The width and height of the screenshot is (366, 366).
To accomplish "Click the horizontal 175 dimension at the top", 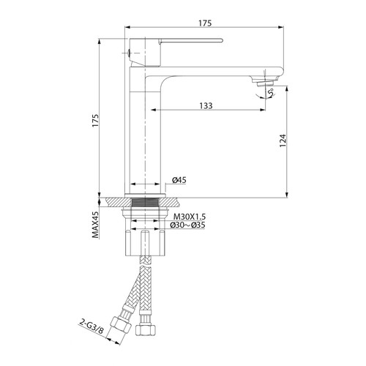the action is click(205, 23).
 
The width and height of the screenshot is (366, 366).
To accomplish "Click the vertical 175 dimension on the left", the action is click(95, 120).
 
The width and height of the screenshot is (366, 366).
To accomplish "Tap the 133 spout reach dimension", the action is click(206, 106).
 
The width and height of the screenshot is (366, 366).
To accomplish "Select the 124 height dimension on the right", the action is click(283, 141).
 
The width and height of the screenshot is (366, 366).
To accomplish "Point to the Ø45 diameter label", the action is click(179, 180).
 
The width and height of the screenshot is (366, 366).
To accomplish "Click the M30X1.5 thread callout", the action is click(190, 217).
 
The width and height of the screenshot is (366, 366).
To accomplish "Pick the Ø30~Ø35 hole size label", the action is click(187, 225).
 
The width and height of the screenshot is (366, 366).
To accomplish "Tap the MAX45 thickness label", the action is click(95, 225).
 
